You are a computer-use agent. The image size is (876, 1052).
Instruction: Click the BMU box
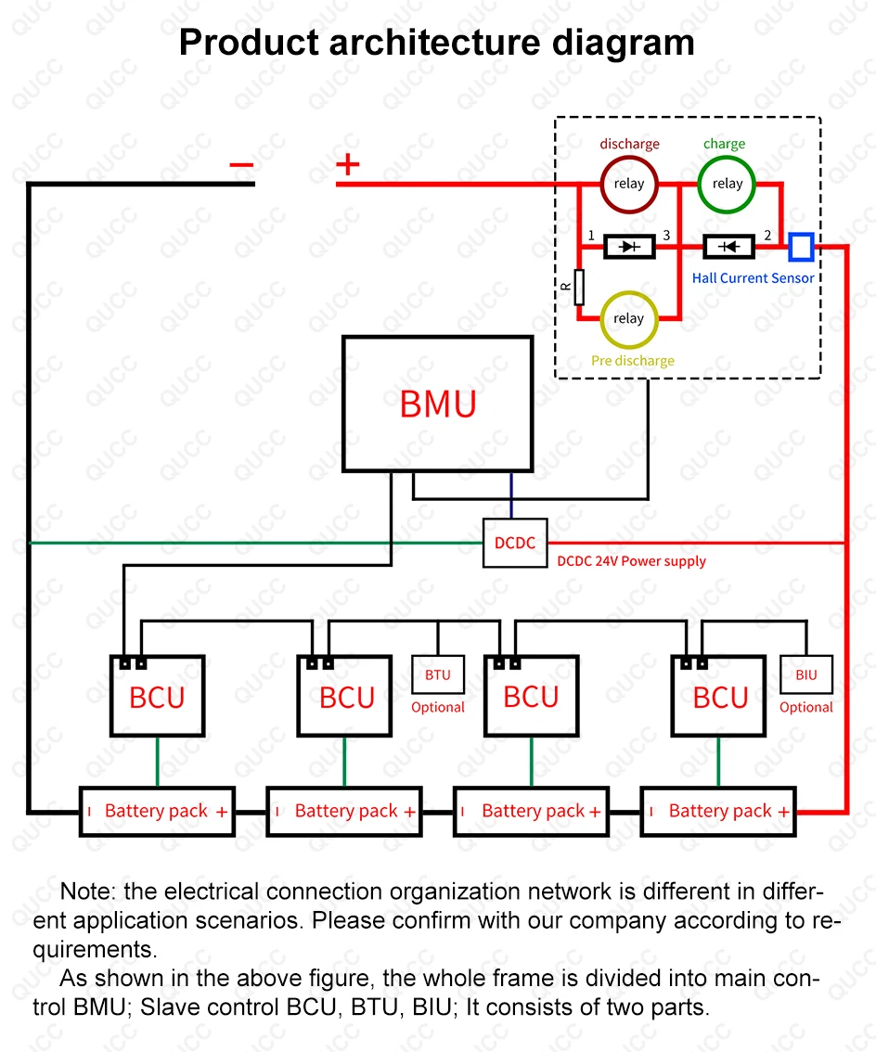pos(437,404)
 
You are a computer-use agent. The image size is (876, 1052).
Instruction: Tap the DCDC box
pos(515,543)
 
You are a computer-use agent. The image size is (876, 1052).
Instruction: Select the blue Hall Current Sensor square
pos(801,247)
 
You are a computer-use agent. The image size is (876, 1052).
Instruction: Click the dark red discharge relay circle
pos(628,184)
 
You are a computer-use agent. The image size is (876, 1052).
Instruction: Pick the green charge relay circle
pos(727,184)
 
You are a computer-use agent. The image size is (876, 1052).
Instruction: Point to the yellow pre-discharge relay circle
pos(628,318)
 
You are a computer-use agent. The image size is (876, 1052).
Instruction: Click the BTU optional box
pos(437,674)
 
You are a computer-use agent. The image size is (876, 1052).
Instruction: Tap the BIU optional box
pos(806,674)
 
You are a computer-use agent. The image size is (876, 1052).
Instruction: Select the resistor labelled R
pos(579,287)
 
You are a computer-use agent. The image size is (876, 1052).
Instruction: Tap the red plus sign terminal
pos(347,165)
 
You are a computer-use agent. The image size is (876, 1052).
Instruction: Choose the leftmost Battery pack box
pos(157,812)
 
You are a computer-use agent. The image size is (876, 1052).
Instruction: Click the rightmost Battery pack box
pos(719,812)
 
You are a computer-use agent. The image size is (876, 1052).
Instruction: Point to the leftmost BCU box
pos(157,697)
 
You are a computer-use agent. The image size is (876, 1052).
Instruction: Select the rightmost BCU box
pos(719,697)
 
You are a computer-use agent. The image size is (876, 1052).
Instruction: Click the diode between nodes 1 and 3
pos(629,247)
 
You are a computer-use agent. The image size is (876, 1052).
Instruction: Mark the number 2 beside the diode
pos(767,235)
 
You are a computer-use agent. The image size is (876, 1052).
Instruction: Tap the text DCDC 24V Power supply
pos(631,561)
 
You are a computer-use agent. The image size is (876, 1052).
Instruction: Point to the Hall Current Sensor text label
pos(753,278)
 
